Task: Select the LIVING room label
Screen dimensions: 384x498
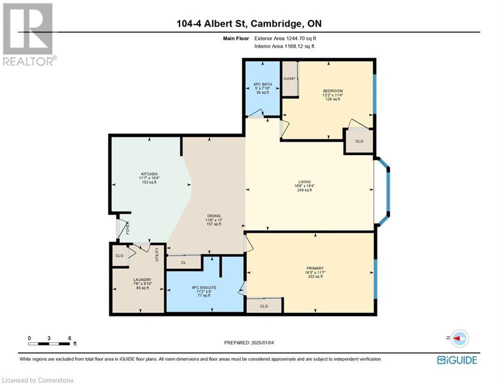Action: tap(304, 182)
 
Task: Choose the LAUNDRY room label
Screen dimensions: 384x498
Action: tap(142, 280)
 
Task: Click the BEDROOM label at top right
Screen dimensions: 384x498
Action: tap(332, 91)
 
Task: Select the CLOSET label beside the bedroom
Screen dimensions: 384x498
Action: tap(289, 78)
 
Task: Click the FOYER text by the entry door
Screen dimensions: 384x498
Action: tap(127, 228)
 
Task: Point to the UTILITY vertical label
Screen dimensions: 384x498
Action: tap(157, 254)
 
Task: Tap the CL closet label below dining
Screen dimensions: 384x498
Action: tap(184, 262)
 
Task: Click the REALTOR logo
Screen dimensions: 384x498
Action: tap(29, 34)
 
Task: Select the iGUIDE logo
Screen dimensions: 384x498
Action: tap(456, 360)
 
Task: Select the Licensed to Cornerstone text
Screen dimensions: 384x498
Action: tap(38, 380)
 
